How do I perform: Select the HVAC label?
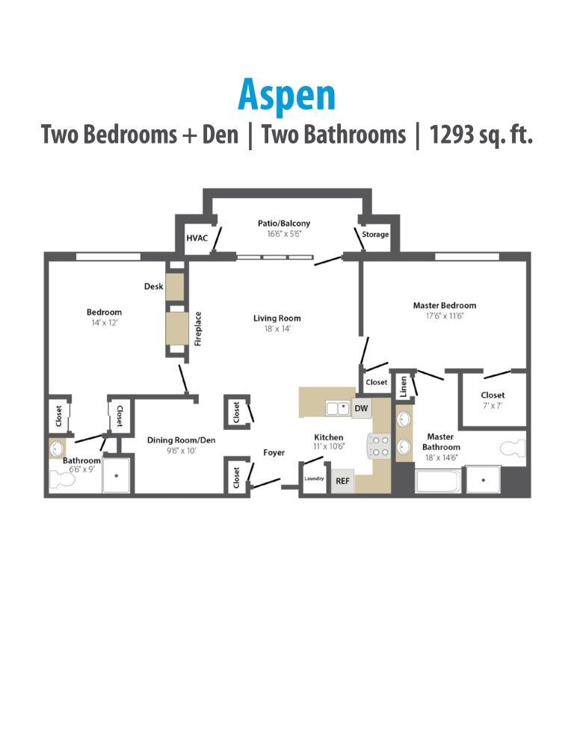pyautogui.click(x=196, y=238)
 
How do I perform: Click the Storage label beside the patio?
pyautogui.click(x=375, y=235)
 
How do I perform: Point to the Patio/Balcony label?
pyautogui.click(x=284, y=223)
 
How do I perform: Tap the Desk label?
pyautogui.click(x=153, y=286)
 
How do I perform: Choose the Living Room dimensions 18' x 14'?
pyautogui.click(x=277, y=328)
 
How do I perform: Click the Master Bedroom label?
pyautogui.click(x=444, y=305)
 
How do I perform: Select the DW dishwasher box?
pyautogui.click(x=362, y=408)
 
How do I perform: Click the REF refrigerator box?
pyautogui.click(x=342, y=481)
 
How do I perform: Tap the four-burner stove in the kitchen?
pyautogui.click(x=379, y=446)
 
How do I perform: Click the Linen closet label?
pyautogui.click(x=404, y=386)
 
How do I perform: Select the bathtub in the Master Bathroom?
pyautogui.click(x=437, y=479)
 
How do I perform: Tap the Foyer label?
pyautogui.click(x=274, y=453)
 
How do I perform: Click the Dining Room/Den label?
pyautogui.click(x=181, y=440)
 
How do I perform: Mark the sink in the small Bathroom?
pyautogui.click(x=57, y=449)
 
